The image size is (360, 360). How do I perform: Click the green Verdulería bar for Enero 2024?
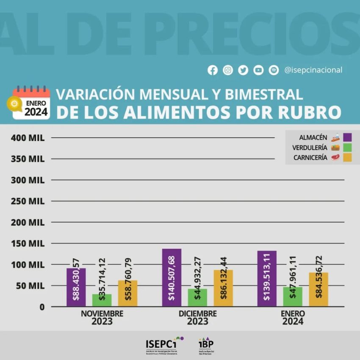[x=293, y=296]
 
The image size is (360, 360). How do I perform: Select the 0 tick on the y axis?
[x=42, y=307]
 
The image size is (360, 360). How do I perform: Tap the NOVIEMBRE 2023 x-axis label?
[x=102, y=318]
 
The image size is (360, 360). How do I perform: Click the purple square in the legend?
[x=347, y=137]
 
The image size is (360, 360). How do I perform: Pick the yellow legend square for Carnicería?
[x=347, y=158]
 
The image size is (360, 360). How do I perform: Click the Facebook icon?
[x=213, y=70]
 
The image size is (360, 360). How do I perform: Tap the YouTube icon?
[x=258, y=70]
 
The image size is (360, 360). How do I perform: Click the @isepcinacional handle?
[x=313, y=70]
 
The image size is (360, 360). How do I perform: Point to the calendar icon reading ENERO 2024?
[x=31, y=103]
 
